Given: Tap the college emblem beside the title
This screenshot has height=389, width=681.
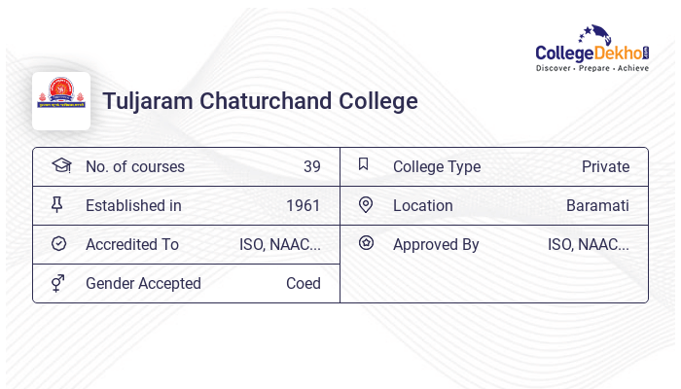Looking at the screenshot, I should point(61,101).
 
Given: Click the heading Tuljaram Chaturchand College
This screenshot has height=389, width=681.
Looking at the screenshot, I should point(260,101).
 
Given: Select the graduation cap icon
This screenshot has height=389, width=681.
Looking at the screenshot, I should point(60,165).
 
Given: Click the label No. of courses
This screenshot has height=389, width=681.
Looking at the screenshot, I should point(134,166).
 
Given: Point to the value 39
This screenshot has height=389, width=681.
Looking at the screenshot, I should point(311,166).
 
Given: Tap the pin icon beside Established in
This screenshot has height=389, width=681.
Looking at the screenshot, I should point(58,204).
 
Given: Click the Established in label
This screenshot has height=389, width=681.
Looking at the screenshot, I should point(133,205).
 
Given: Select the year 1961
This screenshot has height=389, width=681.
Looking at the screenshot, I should point(303,205).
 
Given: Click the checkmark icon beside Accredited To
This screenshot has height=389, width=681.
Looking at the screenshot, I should point(58,243).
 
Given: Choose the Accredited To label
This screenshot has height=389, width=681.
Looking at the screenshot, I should point(132,244).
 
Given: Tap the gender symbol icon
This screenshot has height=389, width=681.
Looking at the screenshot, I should point(58,282).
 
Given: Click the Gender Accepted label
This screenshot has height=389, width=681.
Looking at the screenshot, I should point(143,283).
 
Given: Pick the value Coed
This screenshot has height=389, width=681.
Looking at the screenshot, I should point(303,283).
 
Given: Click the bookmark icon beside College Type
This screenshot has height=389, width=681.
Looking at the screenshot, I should point(363,164).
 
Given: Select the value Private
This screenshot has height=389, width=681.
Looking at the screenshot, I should point(605,166).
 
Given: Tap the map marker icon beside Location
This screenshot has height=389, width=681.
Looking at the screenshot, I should point(365,204).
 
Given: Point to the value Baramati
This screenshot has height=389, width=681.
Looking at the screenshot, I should point(597,205).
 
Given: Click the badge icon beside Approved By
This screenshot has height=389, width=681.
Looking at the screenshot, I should point(365,243).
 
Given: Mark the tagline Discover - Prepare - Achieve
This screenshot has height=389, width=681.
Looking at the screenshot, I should point(592,68).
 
